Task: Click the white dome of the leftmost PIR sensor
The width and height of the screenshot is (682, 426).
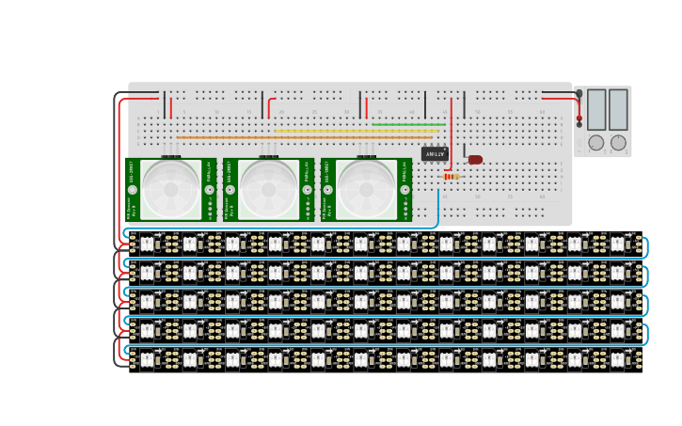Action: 170,189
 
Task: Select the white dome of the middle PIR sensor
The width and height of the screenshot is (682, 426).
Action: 268,189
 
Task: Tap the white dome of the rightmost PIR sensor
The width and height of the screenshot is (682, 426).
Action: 366,189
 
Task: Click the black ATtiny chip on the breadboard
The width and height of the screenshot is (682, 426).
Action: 435,153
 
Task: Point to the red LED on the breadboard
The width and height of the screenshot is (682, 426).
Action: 475,160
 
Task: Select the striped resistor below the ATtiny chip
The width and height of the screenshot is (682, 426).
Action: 452,177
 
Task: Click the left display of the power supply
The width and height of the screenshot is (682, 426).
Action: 596,110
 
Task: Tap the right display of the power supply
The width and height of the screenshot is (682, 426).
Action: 618,110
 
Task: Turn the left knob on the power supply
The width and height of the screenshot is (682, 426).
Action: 596,143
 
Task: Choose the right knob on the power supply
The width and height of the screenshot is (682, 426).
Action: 618,143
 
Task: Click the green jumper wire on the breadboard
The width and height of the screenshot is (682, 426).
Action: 408,124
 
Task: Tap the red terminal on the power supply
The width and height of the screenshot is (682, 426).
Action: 579,119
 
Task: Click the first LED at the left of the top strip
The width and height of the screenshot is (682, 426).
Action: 147,245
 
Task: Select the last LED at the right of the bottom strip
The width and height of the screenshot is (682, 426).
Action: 617,359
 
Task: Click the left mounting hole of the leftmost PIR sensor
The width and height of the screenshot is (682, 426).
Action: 133,190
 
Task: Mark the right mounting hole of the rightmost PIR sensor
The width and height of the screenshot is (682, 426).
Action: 405,190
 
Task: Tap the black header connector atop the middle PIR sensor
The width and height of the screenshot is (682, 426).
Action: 268,157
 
